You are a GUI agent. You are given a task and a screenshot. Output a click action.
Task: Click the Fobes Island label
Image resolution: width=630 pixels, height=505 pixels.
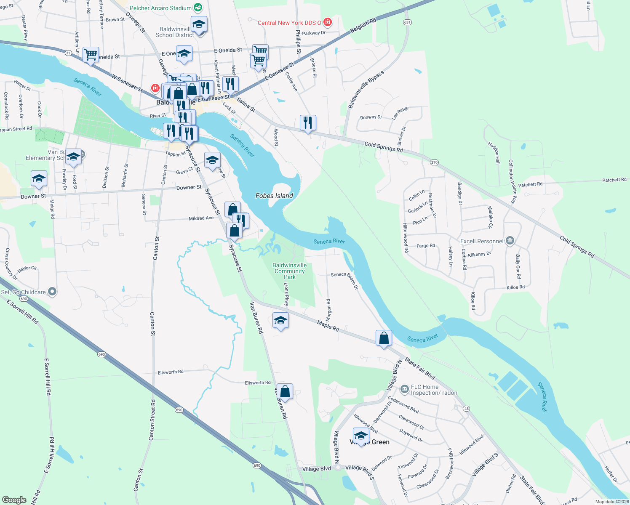point(274,196)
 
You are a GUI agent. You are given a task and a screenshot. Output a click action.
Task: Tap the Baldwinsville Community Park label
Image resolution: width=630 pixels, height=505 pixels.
point(290,271)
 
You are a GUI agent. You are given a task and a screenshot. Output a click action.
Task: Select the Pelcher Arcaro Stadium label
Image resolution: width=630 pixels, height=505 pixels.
point(160,8)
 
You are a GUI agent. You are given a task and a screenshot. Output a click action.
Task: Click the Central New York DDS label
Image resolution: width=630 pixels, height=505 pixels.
point(289,23)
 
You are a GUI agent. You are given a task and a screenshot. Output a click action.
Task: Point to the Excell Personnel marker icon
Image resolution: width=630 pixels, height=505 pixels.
point(510,241)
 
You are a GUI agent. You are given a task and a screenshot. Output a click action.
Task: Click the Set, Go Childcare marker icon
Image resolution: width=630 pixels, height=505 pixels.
point(52,292)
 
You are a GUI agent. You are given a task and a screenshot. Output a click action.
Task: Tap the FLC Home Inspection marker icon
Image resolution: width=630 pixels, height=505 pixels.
point(404,389)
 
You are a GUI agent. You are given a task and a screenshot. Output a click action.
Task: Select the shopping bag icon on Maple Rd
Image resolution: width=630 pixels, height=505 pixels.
point(384,338)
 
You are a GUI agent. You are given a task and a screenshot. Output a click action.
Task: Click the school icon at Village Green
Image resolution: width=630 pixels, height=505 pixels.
point(361,436)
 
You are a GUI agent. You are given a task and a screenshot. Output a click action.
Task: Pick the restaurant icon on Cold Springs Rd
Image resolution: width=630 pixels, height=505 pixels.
point(308,123)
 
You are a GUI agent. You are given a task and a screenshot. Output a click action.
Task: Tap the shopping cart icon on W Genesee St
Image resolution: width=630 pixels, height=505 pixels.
point(91,55)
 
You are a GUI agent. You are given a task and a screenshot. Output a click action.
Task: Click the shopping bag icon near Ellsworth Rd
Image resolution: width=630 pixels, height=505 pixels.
point(285,391)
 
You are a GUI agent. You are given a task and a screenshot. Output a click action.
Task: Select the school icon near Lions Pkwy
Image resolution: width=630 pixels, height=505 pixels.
point(280,321)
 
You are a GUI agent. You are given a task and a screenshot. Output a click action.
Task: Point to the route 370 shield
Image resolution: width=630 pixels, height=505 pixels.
point(435,162)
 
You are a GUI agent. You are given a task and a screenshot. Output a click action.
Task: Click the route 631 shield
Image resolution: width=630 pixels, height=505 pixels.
point(407,22)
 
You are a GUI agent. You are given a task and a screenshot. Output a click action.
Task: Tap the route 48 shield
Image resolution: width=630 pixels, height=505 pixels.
point(466,409)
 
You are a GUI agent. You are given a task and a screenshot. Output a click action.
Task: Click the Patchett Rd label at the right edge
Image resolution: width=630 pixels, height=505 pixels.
point(614,180)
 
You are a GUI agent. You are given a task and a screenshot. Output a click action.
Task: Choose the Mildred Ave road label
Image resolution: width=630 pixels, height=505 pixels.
point(201,218)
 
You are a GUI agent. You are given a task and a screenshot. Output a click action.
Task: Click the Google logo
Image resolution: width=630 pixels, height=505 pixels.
point(14,500)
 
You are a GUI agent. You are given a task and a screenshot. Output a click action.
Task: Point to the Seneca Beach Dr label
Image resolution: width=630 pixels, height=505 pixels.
point(344,280)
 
